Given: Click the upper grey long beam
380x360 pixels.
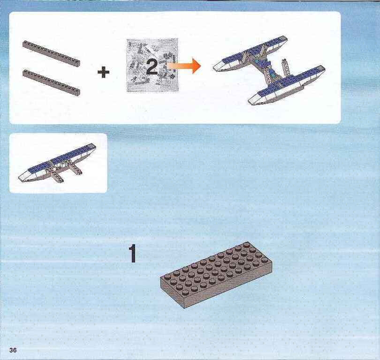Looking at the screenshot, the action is [51, 53].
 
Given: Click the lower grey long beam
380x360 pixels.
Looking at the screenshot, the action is [51, 82].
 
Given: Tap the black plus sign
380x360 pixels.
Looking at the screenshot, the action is [104, 72].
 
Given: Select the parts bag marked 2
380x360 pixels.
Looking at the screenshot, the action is [152, 65].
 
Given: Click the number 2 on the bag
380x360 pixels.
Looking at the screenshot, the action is [152, 67].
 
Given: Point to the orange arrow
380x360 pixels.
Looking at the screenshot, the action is [183, 66].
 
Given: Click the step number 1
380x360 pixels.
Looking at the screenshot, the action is [133, 253].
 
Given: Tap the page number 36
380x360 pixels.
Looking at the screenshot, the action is [13, 350].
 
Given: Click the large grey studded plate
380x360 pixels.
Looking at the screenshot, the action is [216, 274].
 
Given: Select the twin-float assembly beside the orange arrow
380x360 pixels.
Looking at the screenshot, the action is [269, 70].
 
